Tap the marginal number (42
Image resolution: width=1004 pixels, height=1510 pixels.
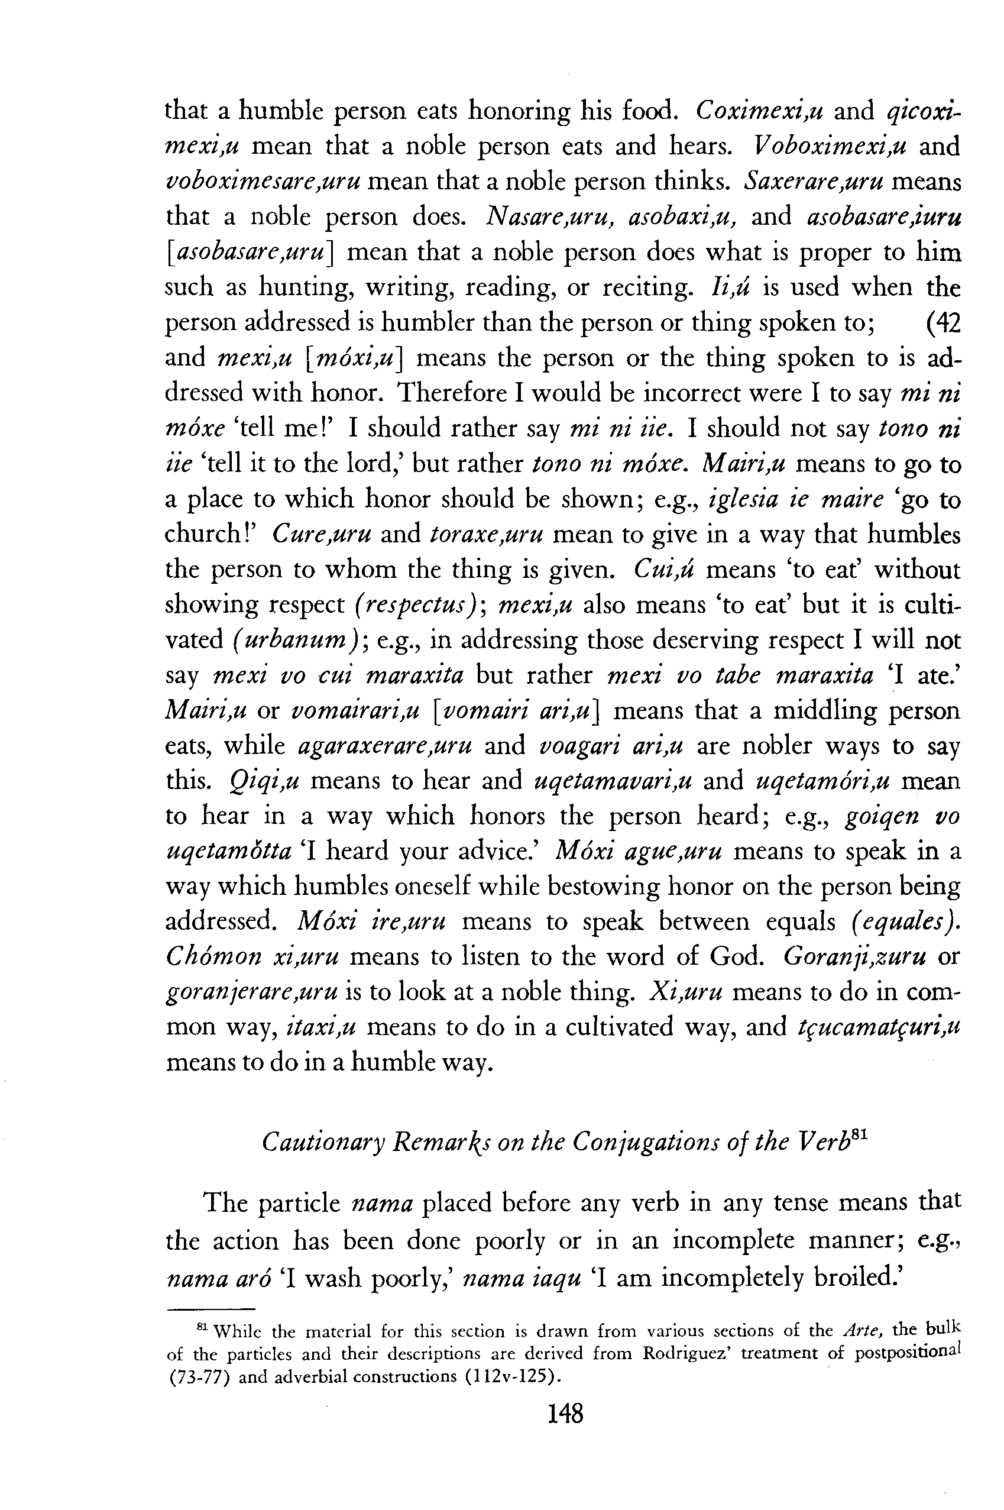tap(943, 323)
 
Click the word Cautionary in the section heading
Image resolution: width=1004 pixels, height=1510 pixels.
tap(320, 1141)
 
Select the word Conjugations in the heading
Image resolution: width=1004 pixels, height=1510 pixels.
tap(639, 1141)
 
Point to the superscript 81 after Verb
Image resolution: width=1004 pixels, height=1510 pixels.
tap(860, 1134)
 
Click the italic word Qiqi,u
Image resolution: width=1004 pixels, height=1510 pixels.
tap(264, 781)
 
